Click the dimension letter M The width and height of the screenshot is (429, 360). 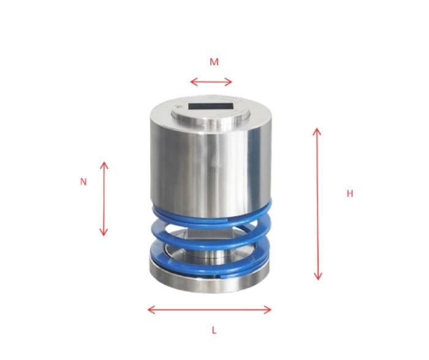click(214, 62)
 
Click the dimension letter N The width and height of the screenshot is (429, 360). click(83, 182)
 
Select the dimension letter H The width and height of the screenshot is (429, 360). click(350, 193)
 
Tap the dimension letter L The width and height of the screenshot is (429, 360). click(214, 330)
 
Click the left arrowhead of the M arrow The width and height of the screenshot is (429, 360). click(192, 82)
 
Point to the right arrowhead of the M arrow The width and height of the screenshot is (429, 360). click(231, 82)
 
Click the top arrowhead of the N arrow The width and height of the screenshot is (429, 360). click(104, 164)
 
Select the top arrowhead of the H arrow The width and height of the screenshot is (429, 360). click(317, 130)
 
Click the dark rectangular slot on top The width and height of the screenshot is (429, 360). click(211, 107)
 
